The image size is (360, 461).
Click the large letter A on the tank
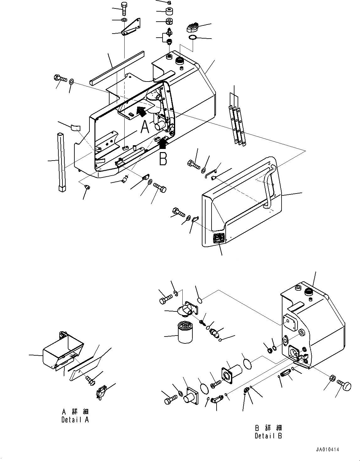(x=145, y=127)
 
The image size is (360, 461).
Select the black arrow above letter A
(x=141, y=110)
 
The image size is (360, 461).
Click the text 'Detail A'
(x=75, y=420)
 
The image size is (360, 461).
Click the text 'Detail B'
(x=268, y=436)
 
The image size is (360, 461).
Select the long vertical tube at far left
(x=61, y=162)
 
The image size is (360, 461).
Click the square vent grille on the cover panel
(x=218, y=239)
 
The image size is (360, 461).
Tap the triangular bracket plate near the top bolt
(x=132, y=28)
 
